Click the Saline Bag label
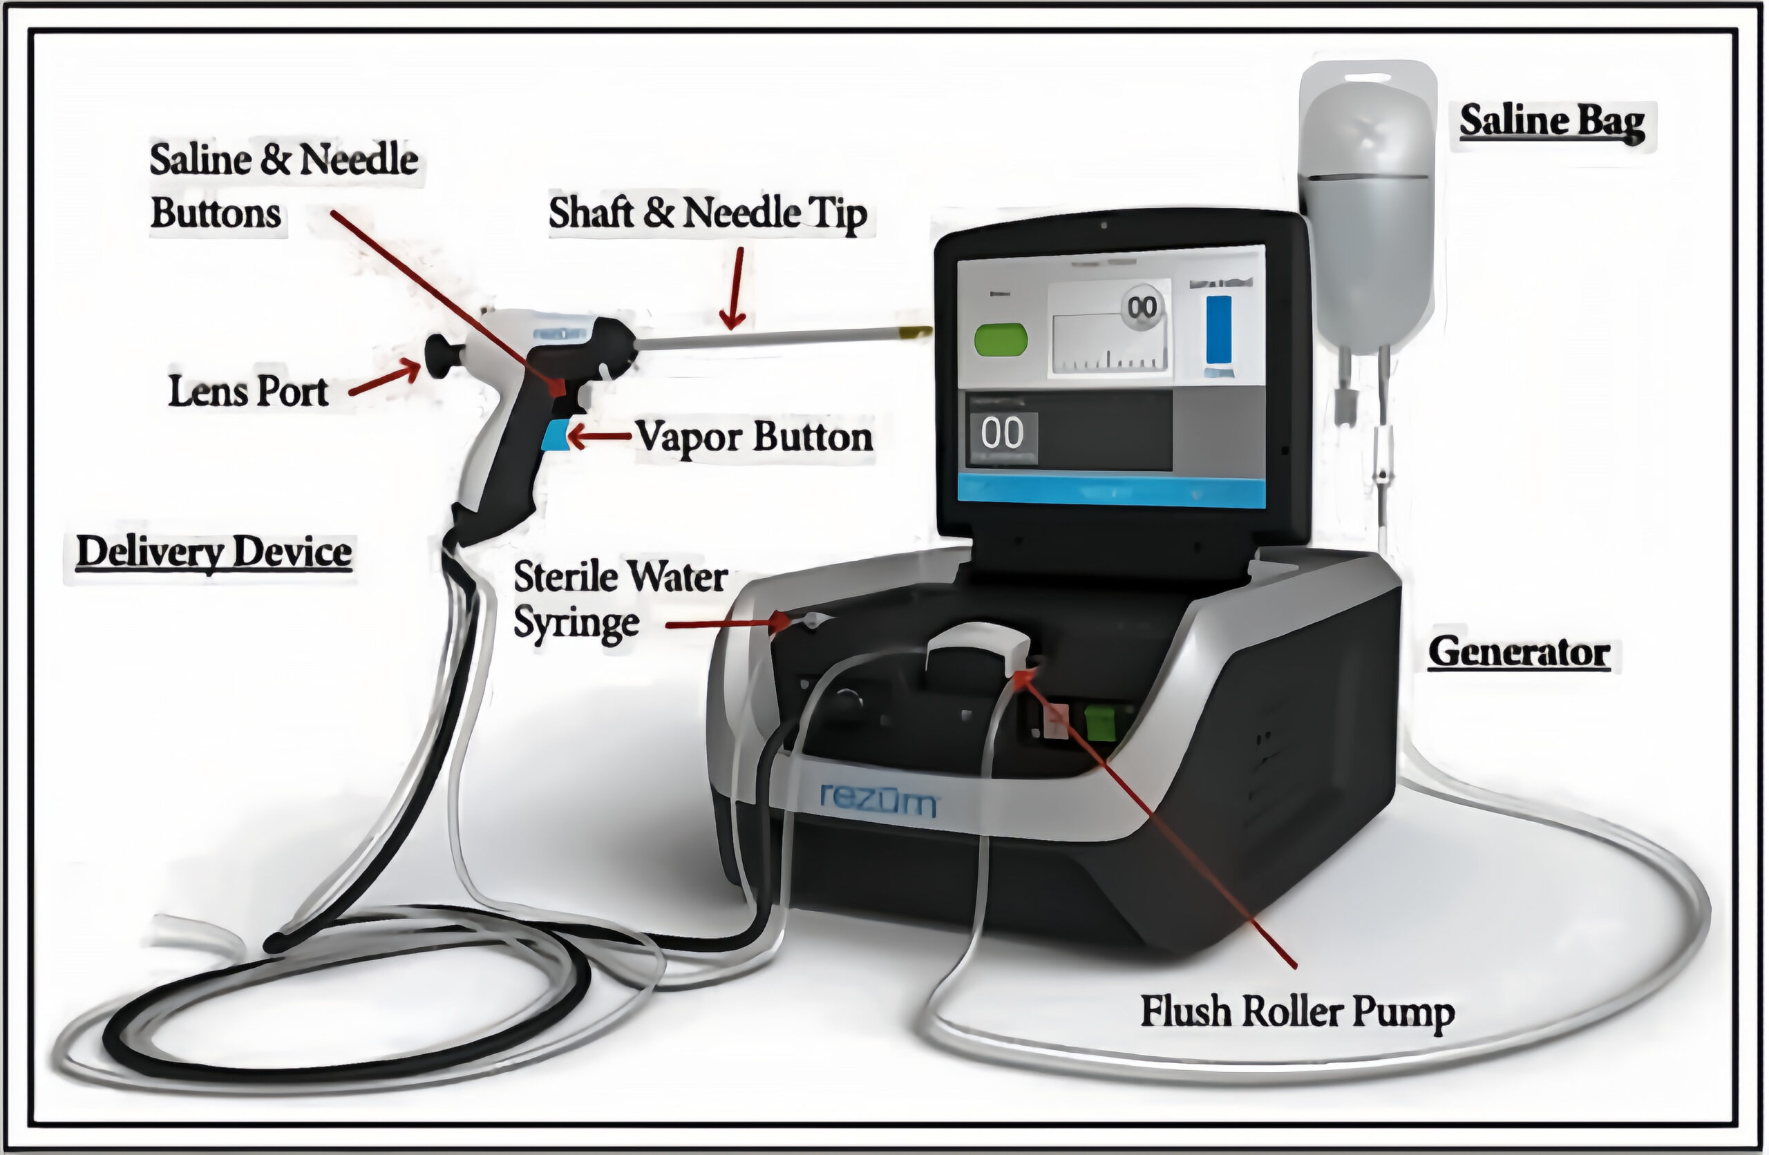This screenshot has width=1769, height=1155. click(x=1552, y=123)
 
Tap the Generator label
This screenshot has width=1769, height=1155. click(x=1519, y=653)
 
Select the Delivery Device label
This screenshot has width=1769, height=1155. click(x=214, y=552)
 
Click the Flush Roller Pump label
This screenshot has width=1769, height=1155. click(x=1297, y=1012)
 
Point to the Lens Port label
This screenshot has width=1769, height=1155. click(x=248, y=391)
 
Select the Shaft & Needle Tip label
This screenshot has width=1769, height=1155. click(x=708, y=213)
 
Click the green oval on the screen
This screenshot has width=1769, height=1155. click(x=1001, y=340)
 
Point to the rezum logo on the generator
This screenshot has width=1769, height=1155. click(x=878, y=801)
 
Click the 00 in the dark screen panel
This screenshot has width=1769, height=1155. click(x=1002, y=433)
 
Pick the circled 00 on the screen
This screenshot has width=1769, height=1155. click(x=1142, y=307)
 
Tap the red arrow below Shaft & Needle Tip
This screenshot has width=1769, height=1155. click(x=735, y=290)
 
